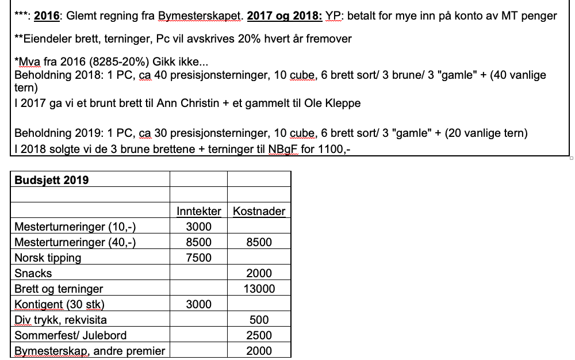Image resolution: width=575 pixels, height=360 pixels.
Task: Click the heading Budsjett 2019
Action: [52, 180]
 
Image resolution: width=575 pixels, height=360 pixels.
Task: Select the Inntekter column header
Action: [198, 211]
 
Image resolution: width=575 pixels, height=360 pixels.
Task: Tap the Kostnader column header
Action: [259, 211]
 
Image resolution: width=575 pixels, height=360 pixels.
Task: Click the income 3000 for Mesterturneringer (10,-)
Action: [198, 227]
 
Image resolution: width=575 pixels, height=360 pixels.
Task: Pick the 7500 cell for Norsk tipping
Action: [198, 258]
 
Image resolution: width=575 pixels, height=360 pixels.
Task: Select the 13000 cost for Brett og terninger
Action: [259, 289]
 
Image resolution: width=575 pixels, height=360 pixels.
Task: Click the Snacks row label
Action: [33, 273]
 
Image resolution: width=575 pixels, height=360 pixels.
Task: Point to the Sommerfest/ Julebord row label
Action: [70, 335]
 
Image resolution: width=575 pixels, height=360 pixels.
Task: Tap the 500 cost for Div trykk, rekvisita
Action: [259, 320]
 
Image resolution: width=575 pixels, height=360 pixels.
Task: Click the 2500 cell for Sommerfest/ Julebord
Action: [259, 335]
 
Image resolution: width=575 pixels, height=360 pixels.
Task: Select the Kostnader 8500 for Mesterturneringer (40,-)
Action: [259, 242]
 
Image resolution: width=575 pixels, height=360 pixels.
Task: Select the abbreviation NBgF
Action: [281, 149]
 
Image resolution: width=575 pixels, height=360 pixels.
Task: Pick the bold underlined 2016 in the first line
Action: [47, 16]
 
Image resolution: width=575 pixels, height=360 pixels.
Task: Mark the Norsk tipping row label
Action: [48, 258]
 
